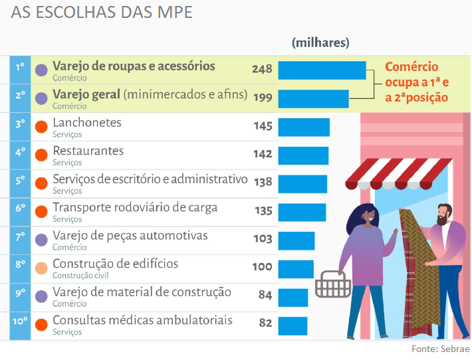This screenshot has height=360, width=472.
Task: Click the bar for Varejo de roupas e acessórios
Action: click(x=322, y=70)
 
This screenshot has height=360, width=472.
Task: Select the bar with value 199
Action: click(x=313, y=99)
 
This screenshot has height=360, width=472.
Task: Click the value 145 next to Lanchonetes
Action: click(x=263, y=126)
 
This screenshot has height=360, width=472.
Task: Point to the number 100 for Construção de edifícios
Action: click(x=262, y=267)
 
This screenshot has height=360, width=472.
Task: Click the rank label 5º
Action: click(x=20, y=180)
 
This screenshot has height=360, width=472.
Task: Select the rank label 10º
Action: click(x=20, y=321)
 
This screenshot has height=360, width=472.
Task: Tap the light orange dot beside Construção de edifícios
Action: click(x=41, y=268)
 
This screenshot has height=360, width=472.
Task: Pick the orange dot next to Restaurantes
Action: click(x=41, y=155)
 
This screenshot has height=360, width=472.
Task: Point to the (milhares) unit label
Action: click(x=320, y=43)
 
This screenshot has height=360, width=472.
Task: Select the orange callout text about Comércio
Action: click(x=416, y=82)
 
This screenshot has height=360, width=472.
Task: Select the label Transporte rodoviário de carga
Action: click(x=135, y=208)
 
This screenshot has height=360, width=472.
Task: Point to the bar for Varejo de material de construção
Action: click(x=293, y=298)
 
